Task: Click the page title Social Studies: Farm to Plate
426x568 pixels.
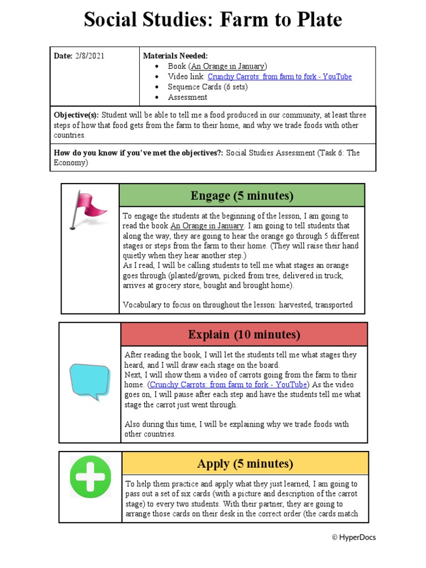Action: click(213, 21)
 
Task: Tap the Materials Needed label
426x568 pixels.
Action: click(175, 56)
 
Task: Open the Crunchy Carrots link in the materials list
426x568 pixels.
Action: click(280, 77)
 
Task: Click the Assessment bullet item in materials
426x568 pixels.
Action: click(187, 97)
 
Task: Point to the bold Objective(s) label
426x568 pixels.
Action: click(77, 115)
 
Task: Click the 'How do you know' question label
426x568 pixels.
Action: click(139, 153)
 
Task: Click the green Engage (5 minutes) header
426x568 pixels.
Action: click(242, 196)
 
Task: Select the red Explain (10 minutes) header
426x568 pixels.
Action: click(244, 334)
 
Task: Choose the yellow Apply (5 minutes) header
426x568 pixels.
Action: click(244, 464)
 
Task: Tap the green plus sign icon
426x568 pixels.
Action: click(90, 476)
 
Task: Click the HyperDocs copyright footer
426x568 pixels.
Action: click(353, 537)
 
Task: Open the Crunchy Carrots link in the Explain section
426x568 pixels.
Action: click(228, 385)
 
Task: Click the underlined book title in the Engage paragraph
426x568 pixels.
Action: click(207, 226)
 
